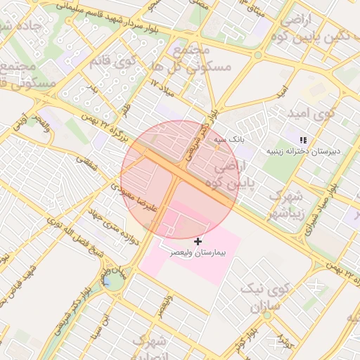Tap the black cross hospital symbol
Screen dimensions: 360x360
(198, 241)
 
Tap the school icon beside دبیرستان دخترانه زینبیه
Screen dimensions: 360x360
(303, 141)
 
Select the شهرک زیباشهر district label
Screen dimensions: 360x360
(285, 203)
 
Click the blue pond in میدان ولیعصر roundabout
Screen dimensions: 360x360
(112, 283)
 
